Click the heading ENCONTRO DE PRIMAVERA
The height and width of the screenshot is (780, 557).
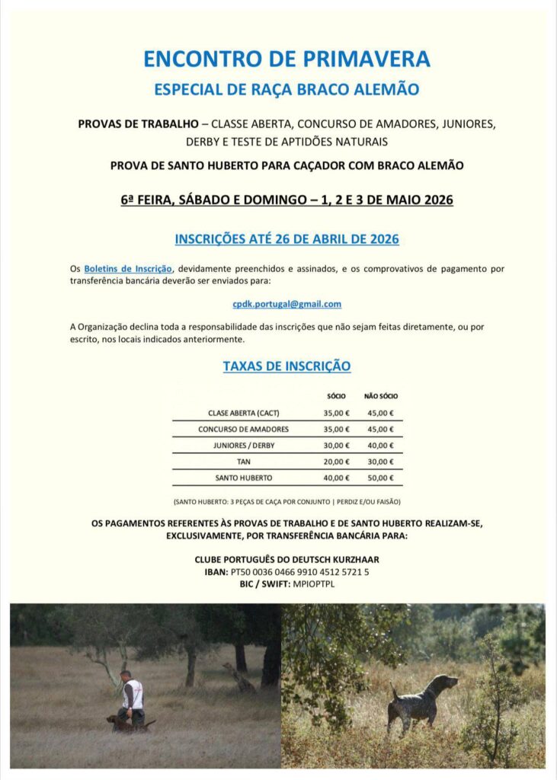point(287,59)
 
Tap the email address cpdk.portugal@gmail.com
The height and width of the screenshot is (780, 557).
point(287,304)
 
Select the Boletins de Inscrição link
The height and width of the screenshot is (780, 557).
point(129,269)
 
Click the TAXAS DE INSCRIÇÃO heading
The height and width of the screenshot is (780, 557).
point(287,366)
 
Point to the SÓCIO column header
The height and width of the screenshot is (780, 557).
point(336,396)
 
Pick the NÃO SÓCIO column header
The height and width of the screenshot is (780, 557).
point(381,396)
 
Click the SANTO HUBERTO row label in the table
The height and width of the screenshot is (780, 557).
point(243,478)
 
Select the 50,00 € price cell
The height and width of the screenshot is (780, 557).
point(381,478)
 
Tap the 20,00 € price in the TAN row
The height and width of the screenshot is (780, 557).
point(336,462)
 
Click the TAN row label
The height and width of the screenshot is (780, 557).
point(243,462)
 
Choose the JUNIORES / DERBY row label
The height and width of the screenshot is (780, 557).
point(243,446)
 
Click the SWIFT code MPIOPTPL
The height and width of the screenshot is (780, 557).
point(313,583)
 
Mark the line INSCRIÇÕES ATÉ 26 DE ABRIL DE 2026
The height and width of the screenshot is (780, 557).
point(287,239)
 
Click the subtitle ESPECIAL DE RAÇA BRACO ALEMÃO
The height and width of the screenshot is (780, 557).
point(287,89)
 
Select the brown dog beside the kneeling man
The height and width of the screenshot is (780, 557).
point(122,721)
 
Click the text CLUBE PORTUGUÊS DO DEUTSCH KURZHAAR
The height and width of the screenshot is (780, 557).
point(287,559)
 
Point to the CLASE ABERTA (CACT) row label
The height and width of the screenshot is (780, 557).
point(243,413)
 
